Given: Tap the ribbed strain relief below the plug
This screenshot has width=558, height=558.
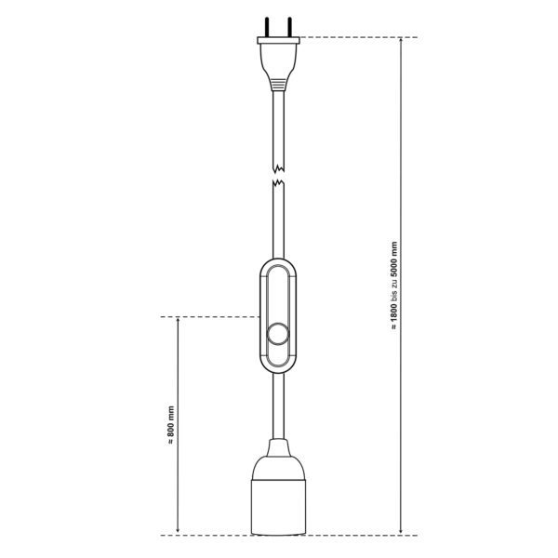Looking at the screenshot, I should click(x=279, y=84).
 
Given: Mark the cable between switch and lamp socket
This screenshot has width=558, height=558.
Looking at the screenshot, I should click(x=279, y=405).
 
